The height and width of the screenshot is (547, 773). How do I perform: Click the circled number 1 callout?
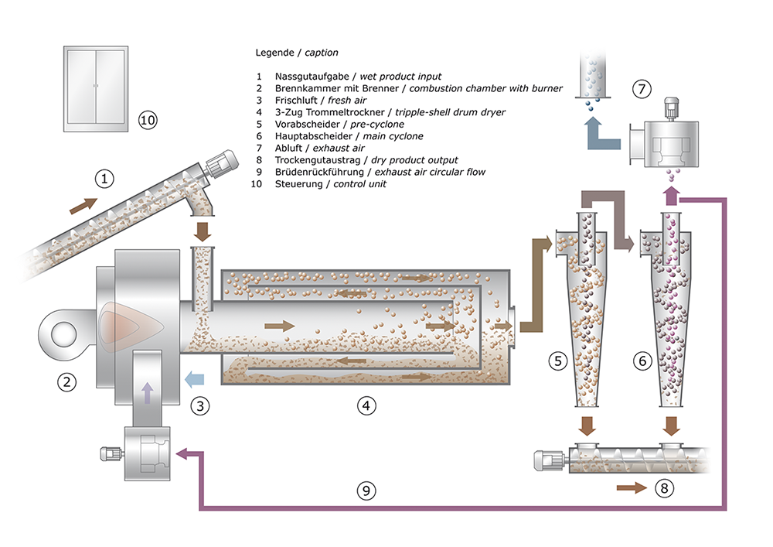104,179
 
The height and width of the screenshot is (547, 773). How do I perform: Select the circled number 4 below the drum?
367,404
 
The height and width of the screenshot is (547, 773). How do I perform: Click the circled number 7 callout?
641,88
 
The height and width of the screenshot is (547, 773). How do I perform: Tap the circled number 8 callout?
663,488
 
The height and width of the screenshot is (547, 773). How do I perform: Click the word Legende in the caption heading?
274,53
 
